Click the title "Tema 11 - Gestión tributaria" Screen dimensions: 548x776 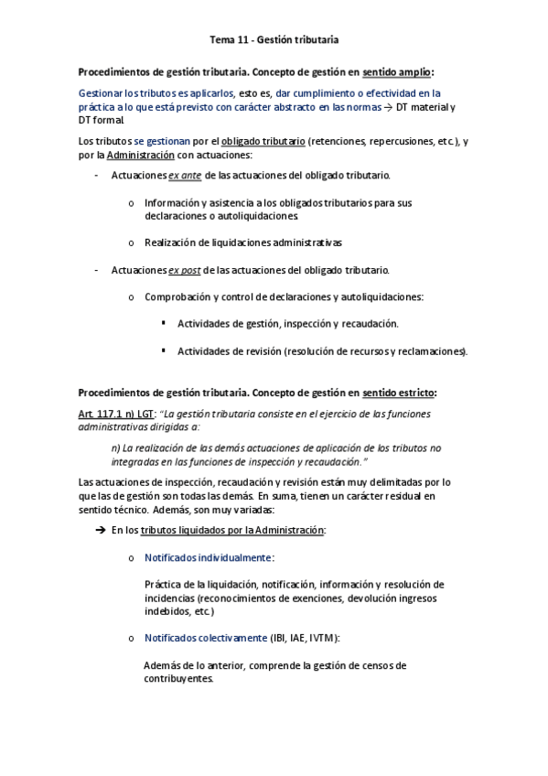coord(274,39)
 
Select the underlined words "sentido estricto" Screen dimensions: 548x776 coord(399,393)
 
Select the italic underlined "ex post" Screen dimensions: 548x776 coord(185,270)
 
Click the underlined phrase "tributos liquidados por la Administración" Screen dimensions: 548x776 coord(233,531)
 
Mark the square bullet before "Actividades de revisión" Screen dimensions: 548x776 coord(163,350)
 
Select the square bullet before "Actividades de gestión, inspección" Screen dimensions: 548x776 coord(163,323)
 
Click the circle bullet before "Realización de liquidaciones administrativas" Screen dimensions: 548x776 coord(133,242)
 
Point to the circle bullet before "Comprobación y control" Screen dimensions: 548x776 coord(133,297)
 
